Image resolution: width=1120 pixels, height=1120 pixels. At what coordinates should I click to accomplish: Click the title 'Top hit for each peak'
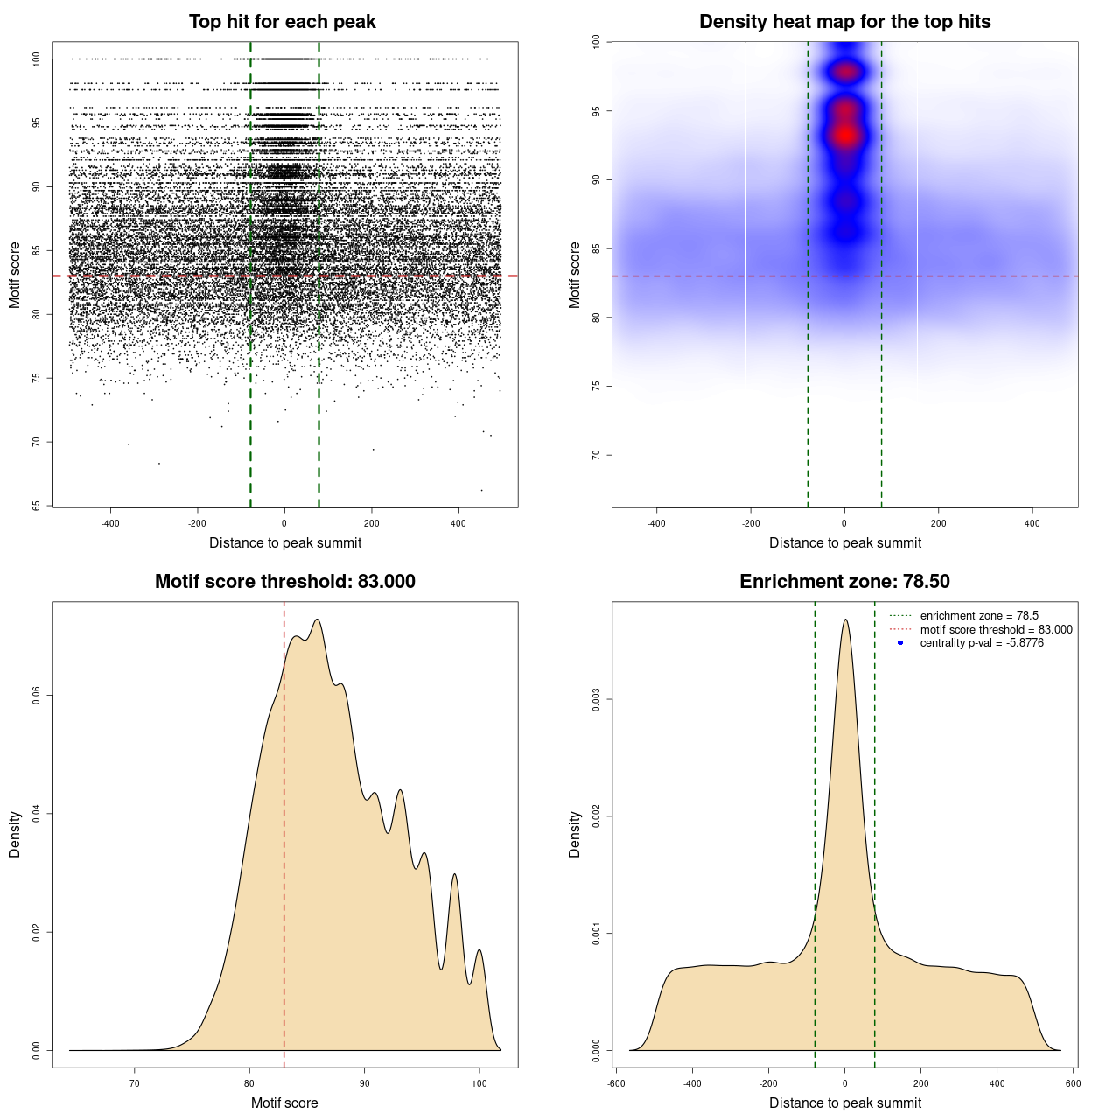coord(282,22)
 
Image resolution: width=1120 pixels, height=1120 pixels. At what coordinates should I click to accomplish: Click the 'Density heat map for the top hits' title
coord(844,22)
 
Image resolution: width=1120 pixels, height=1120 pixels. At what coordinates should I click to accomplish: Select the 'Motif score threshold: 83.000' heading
coord(284,582)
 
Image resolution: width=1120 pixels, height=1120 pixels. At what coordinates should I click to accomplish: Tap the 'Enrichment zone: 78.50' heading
coord(844,582)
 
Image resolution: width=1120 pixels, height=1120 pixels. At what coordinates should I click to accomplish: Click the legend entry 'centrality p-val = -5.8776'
coord(981,643)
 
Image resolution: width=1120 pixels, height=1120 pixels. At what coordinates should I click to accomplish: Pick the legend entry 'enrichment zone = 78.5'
coord(978,616)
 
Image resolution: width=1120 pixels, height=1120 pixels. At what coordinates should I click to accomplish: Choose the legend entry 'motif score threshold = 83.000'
coord(996,630)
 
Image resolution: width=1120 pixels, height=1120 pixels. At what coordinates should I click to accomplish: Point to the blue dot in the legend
coord(900,643)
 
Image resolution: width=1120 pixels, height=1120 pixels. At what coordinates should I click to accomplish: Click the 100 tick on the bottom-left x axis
coord(479,1083)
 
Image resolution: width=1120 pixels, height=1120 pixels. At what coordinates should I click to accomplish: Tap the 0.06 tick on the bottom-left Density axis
coord(37,696)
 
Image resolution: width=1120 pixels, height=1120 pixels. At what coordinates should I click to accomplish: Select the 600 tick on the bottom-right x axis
coord(1073,1083)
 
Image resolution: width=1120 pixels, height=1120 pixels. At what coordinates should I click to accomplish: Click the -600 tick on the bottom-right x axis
coord(617,1083)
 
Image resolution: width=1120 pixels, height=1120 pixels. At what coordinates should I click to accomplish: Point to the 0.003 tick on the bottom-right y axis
coord(597,700)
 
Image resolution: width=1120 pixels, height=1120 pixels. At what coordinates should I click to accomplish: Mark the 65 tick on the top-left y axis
coord(37,506)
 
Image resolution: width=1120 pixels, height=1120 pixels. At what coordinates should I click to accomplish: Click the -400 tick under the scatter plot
coord(110,523)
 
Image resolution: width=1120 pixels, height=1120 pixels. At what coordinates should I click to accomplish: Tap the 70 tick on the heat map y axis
coord(597,455)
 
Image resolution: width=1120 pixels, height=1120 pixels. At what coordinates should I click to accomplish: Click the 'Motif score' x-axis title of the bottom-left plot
coord(284,1102)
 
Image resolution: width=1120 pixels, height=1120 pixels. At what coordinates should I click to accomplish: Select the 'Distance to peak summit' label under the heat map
coord(844,542)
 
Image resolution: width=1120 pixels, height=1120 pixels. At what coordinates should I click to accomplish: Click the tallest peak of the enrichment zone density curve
coord(845,620)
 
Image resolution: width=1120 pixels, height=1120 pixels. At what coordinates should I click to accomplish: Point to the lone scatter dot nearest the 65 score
coord(481,490)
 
